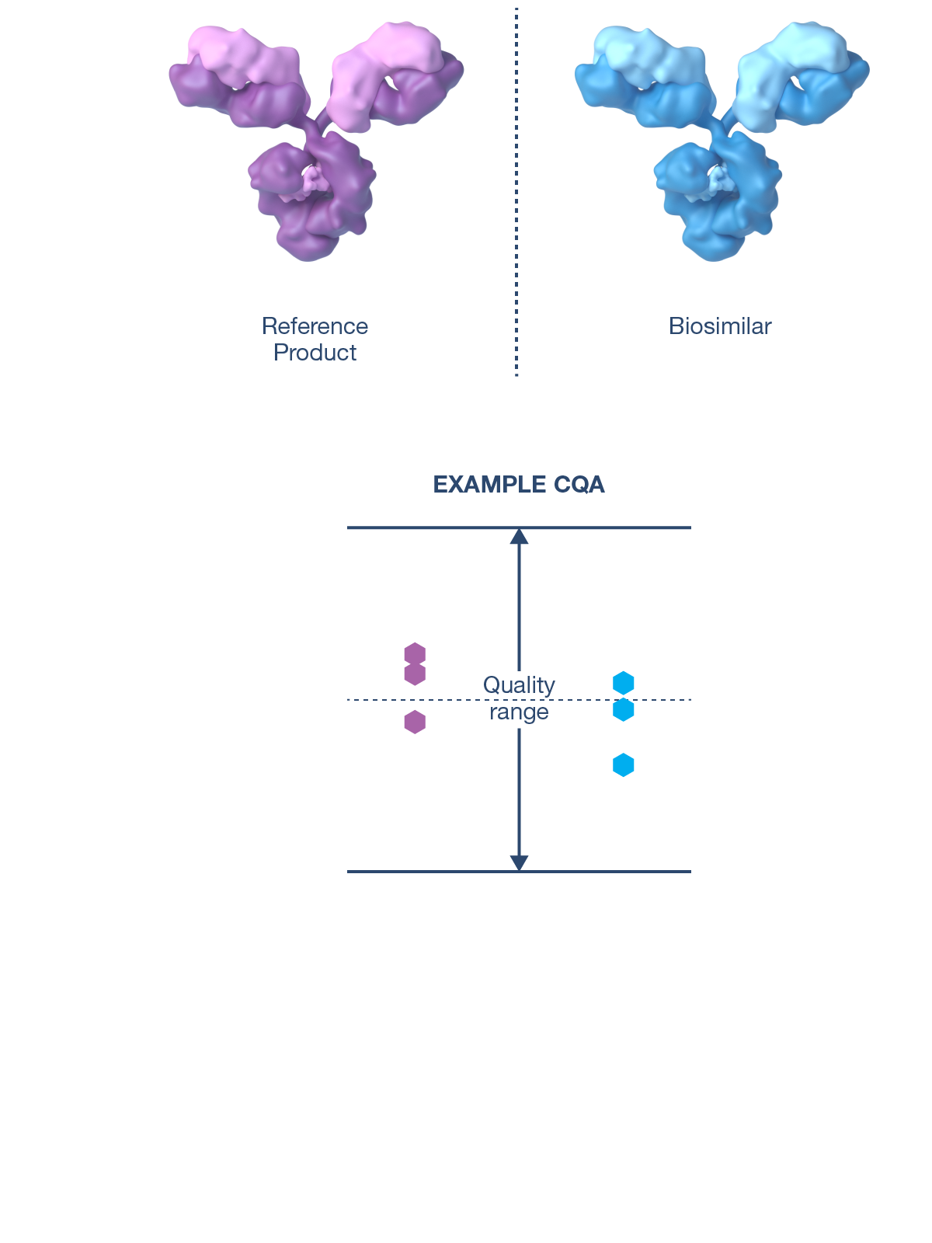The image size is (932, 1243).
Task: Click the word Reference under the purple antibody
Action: (x=315, y=326)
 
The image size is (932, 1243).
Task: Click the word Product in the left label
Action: (x=315, y=353)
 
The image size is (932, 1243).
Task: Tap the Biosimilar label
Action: (x=720, y=326)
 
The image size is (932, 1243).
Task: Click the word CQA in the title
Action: (x=579, y=485)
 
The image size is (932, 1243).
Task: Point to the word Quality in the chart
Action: (x=519, y=685)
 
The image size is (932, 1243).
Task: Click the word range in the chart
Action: (x=519, y=712)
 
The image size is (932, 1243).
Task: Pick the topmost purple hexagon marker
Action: (x=415, y=654)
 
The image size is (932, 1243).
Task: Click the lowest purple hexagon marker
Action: (x=415, y=722)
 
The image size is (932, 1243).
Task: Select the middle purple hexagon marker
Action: (x=415, y=674)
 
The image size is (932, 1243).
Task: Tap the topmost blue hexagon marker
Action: (x=623, y=683)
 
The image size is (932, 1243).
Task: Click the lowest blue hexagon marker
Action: (x=623, y=765)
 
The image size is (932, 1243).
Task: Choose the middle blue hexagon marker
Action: (x=623, y=709)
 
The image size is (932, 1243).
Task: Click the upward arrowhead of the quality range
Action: (x=519, y=536)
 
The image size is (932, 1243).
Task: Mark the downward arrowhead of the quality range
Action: (x=519, y=862)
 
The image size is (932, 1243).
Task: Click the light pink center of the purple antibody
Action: (x=314, y=180)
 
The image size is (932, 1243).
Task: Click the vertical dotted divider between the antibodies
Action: (x=516, y=194)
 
